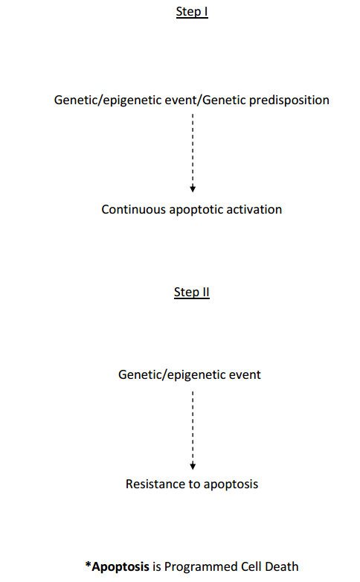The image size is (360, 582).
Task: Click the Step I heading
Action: [x=192, y=12]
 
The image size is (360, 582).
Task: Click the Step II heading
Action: [x=192, y=292]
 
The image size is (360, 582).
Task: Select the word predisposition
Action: [x=289, y=100]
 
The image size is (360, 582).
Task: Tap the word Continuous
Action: [x=134, y=209]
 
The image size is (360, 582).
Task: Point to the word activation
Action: [x=254, y=209]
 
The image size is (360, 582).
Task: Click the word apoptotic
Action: [x=196, y=210]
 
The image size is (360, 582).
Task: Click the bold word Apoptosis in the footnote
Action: [x=120, y=567]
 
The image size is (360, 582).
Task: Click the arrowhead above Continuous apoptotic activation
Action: [x=193, y=189]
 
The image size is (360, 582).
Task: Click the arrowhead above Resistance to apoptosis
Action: [x=193, y=466]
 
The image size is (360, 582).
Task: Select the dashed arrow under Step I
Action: [x=193, y=153]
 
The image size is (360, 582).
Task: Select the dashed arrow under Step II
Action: [x=193, y=431]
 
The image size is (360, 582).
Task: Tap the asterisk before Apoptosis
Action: [x=89, y=565]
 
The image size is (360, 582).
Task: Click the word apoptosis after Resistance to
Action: [x=231, y=485]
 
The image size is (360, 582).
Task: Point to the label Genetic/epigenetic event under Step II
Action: [x=190, y=375]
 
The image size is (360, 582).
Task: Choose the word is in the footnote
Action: [x=157, y=566]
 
